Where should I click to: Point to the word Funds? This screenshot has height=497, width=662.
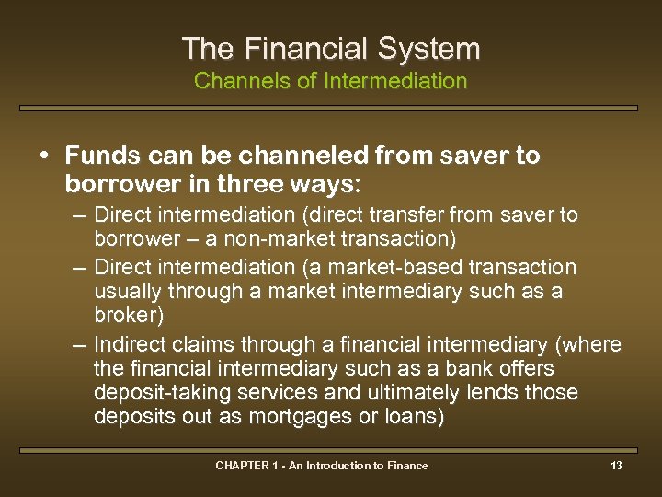click(101, 156)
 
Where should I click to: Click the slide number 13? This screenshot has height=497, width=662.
click(616, 466)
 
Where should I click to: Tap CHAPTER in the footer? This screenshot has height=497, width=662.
click(241, 466)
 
